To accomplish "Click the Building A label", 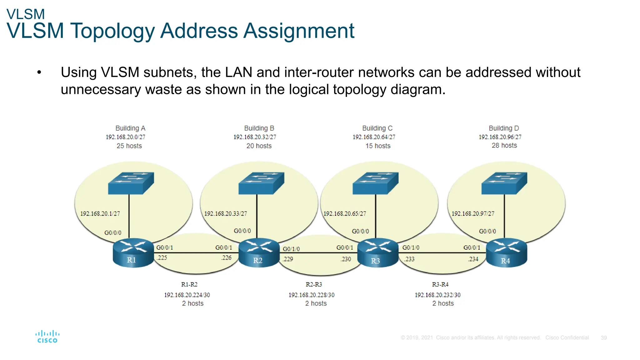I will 130,128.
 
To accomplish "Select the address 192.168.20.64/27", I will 374,137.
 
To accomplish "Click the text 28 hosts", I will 504,145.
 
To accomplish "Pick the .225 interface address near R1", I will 162,258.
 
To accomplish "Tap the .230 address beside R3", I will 346,259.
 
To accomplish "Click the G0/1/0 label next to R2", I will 291,249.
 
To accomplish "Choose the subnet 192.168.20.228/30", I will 311,295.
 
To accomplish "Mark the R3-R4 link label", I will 440,284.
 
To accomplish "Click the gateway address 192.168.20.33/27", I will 225,214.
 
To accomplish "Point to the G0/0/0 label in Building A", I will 112,233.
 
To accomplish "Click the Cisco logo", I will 47,337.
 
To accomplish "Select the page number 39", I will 603,338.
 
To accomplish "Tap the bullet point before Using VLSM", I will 39,73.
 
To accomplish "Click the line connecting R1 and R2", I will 196,252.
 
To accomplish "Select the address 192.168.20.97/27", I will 473,214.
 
